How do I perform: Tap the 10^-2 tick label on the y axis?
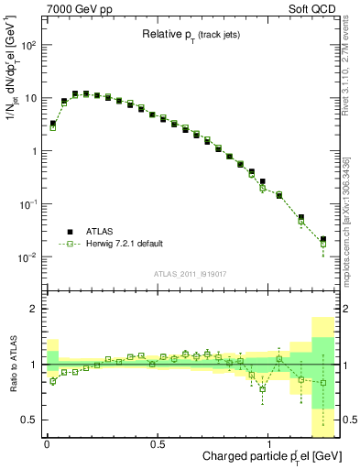click(29, 257)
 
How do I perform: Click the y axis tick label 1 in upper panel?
click(36, 151)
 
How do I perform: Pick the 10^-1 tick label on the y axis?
click(29, 204)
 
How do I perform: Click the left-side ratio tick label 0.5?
click(32, 420)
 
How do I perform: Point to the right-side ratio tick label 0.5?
click(347, 420)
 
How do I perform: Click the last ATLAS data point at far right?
click(322, 240)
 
